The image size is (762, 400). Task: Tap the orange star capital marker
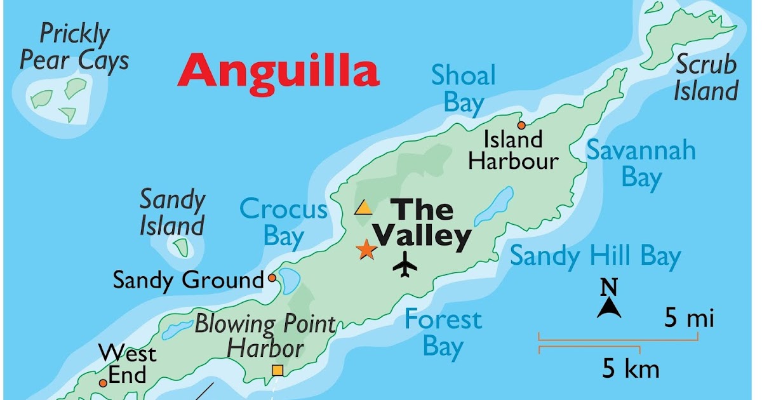366,250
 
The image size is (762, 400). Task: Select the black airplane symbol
404,264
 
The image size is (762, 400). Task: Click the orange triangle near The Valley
364,208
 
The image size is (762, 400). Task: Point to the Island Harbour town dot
521,125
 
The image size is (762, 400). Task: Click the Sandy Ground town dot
272,277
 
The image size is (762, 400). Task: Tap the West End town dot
103,383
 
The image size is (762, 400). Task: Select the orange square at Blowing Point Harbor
277,370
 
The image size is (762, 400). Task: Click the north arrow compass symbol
608,307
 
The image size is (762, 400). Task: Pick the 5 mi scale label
690,317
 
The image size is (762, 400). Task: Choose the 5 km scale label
631,369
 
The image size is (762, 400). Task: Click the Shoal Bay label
463,89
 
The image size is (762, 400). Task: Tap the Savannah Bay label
640,164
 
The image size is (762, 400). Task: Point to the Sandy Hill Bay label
595,257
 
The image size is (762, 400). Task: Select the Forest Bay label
443,333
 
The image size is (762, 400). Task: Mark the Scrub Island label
705,77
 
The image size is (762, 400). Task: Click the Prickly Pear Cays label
74,48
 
